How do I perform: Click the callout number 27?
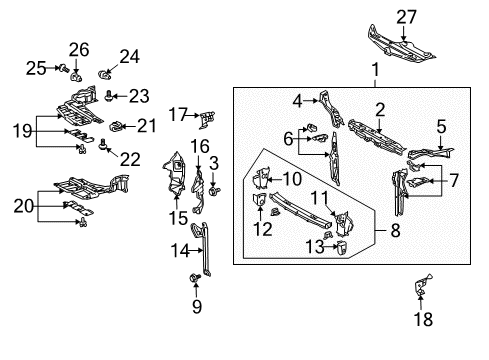(x=406, y=17)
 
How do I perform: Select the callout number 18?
(x=423, y=319)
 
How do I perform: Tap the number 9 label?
(x=197, y=306)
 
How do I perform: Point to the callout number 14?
(x=180, y=250)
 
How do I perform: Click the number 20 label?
(x=24, y=206)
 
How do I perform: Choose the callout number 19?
(x=22, y=131)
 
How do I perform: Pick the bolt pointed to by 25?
(x=63, y=69)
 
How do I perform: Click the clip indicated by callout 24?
(x=104, y=75)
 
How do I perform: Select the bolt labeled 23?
(x=108, y=96)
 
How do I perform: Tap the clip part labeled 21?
(x=115, y=126)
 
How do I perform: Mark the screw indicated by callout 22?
(x=102, y=144)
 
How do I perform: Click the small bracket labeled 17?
(x=207, y=119)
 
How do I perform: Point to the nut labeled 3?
(x=214, y=191)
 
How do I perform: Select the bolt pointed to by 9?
(x=195, y=277)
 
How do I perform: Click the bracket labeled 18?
(x=422, y=285)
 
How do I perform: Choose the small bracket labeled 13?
(x=342, y=248)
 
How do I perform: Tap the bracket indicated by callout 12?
(x=259, y=200)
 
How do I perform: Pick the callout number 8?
(x=395, y=230)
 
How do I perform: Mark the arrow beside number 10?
(x=275, y=180)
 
